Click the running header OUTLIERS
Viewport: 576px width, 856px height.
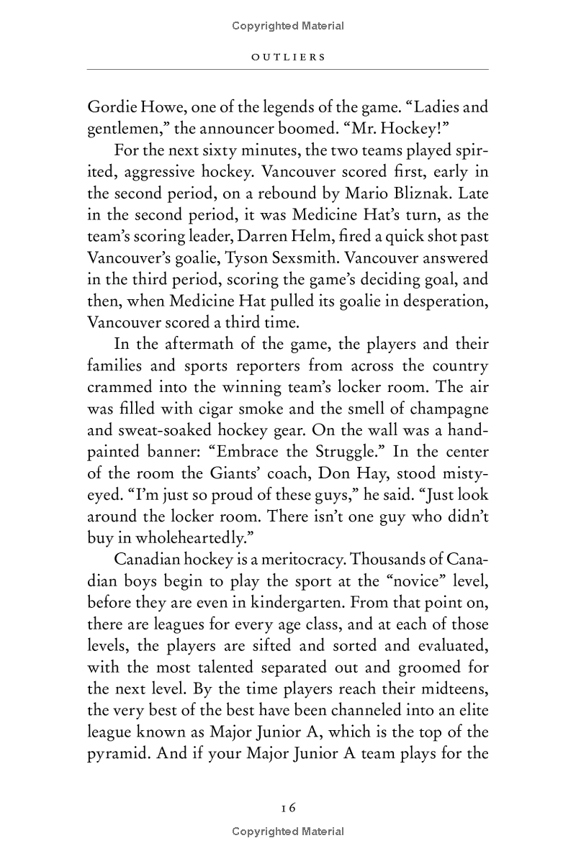[288, 56]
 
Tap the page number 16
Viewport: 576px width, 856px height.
[288, 807]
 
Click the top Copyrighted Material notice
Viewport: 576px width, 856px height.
[288, 27]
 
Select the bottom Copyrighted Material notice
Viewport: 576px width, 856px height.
[288, 832]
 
